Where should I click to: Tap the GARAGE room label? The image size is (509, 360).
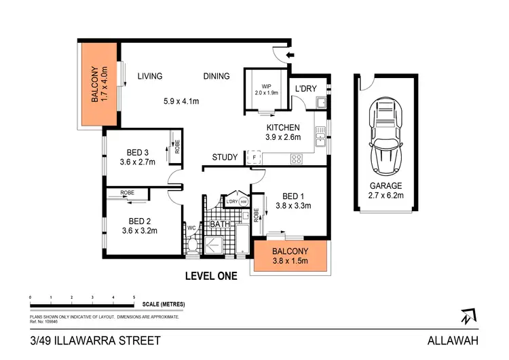(x=386, y=185)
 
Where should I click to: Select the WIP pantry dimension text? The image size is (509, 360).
(x=261, y=93)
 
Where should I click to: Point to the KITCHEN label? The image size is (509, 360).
(x=283, y=127)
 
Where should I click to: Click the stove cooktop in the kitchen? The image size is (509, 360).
(x=297, y=160)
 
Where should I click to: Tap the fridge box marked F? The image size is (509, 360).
(x=254, y=158)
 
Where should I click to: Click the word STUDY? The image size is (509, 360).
(x=225, y=158)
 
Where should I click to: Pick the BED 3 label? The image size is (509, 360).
(x=143, y=151)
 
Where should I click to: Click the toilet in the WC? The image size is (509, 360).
(x=192, y=242)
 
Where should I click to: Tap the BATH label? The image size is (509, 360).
(x=219, y=223)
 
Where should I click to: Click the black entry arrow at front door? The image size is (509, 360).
(x=292, y=56)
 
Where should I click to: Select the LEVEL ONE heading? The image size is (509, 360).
(x=211, y=276)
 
